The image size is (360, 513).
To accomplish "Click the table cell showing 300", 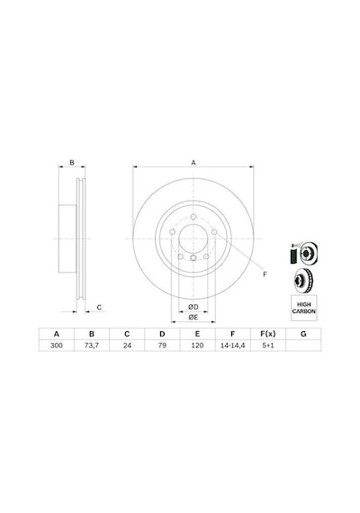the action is [57, 346].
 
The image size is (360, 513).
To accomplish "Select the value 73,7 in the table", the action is [92, 346].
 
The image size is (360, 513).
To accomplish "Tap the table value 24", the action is [127, 346].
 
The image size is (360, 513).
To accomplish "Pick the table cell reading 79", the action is [162, 346].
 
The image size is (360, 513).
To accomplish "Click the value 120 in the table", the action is [197, 346].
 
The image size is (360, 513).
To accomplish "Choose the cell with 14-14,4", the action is [233, 346].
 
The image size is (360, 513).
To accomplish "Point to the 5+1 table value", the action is [268, 346].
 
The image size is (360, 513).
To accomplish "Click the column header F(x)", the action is [268, 334].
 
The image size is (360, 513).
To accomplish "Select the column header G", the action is [303, 334].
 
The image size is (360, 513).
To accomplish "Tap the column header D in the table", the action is [162, 334].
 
